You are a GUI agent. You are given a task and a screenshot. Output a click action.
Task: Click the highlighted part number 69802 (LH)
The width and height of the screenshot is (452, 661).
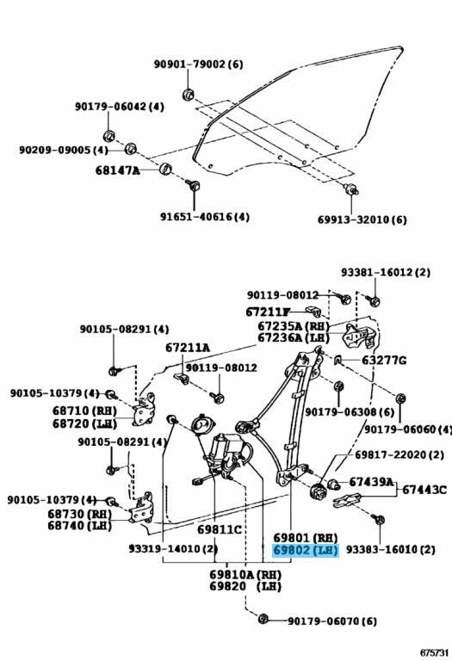click(306, 550)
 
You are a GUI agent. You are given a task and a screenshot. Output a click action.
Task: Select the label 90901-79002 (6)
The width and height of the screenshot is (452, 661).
click(199, 65)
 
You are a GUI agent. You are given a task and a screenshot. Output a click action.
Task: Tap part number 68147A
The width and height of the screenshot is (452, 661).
click(116, 170)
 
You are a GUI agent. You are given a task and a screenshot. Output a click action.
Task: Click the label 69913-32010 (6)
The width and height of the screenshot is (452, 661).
click(362, 219)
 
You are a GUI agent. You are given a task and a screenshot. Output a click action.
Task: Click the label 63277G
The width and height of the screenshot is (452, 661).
click(384, 360)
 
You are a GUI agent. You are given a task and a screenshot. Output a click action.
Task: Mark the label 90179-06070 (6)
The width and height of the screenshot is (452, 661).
click(332, 621)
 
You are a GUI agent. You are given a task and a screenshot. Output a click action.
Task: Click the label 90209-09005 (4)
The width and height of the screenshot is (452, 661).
click(64, 150)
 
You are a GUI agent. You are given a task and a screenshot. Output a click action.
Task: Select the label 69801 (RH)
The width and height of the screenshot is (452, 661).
click(306, 535)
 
